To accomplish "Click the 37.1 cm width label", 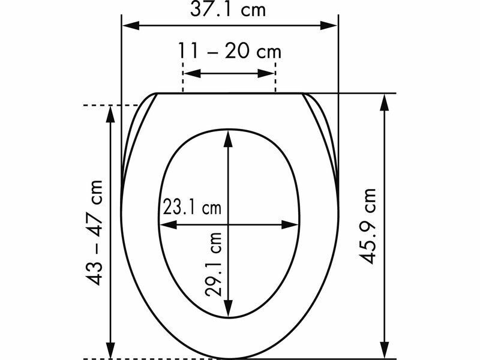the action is (228, 9).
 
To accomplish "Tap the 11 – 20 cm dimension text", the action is (230, 51).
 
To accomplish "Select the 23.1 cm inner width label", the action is (192, 206).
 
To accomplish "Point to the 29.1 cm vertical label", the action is (214, 264).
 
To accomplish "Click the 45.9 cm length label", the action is (367, 226).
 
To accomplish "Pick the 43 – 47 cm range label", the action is (94, 233).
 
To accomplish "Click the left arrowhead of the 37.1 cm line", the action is (131, 26).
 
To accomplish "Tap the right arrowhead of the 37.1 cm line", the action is (329, 26).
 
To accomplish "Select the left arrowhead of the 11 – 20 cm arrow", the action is (192, 73).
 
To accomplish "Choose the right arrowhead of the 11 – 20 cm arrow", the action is (266, 73).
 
